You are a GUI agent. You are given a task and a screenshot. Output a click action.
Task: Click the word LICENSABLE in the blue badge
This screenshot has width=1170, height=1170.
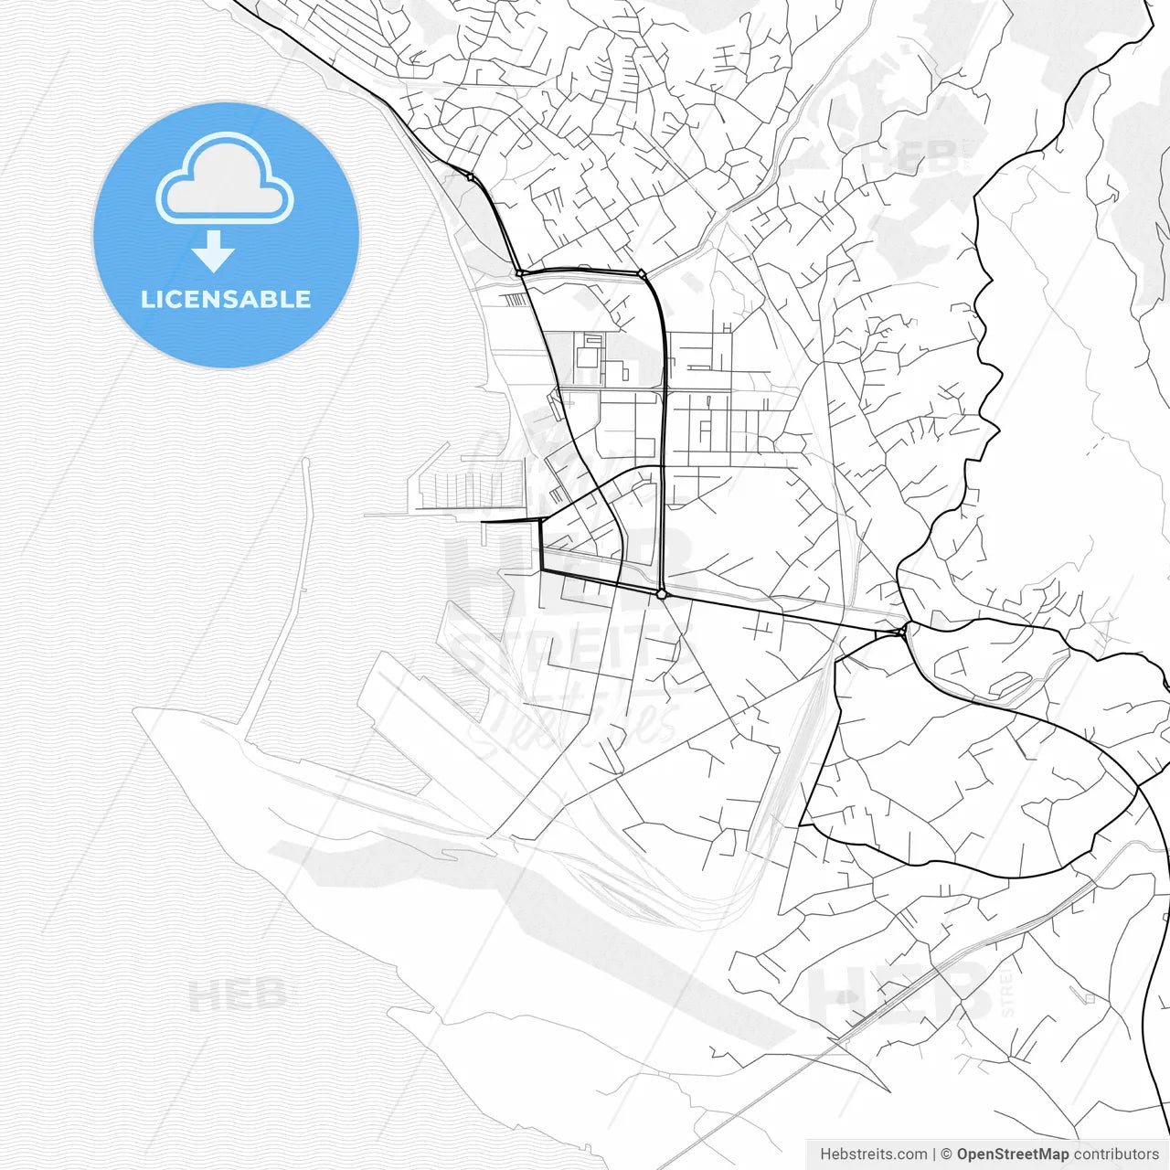click(x=226, y=299)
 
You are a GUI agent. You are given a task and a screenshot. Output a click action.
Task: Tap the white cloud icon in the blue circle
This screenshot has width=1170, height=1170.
click(x=225, y=180)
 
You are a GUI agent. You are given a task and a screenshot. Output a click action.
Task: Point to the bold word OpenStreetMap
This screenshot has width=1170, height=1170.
click(x=1012, y=1154)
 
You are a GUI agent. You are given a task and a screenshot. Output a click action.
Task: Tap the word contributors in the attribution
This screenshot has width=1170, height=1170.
click(x=1116, y=1154)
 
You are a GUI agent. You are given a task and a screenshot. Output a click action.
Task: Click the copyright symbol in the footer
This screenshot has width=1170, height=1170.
click(x=946, y=1154)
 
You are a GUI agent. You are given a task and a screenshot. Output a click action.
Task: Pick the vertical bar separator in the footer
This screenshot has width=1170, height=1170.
click(x=933, y=1154)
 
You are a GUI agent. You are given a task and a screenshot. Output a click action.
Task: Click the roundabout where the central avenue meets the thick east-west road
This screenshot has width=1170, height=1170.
click(x=662, y=594)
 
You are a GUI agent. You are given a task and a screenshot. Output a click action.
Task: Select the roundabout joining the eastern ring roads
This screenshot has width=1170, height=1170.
click(x=904, y=630)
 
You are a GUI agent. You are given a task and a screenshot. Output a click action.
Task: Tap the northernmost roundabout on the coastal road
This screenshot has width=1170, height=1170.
click(x=470, y=176)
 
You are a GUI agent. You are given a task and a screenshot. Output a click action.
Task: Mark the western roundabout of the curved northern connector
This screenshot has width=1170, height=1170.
click(x=519, y=272)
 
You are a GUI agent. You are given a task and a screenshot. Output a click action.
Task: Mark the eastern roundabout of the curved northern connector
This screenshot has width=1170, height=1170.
click(x=642, y=273)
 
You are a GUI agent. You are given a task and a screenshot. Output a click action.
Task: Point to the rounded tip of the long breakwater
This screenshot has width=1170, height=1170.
click(x=305, y=463)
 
